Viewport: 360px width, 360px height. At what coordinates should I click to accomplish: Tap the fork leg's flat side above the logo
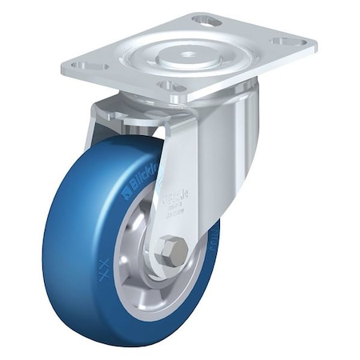pyautogui.click(x=182, y=152)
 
